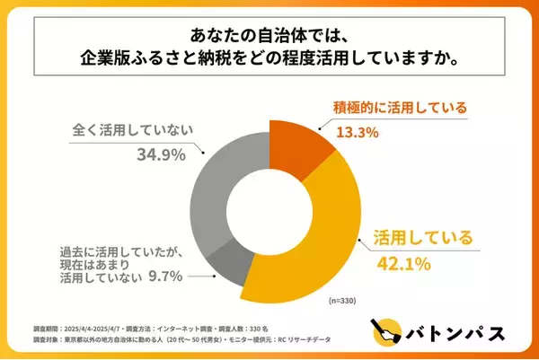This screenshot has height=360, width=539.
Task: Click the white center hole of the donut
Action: [x=269, y=204]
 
